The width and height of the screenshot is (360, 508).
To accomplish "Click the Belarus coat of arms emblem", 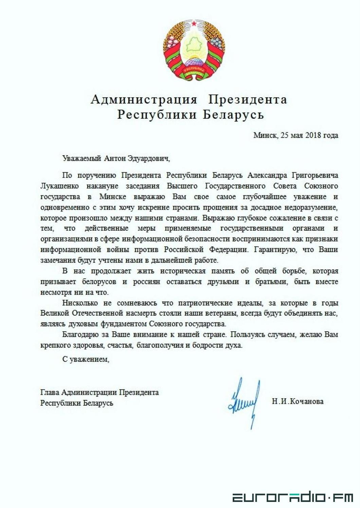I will (194, 51).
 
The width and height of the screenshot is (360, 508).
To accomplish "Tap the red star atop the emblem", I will (194, 23).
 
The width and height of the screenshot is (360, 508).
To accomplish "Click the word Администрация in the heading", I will (144, 99).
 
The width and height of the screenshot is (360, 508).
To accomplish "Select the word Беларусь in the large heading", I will (233, 115).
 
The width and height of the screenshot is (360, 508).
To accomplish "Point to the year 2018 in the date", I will (313, 135).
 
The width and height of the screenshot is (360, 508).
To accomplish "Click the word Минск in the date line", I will (265, 135).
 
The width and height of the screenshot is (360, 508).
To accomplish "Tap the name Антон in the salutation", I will (114, 158).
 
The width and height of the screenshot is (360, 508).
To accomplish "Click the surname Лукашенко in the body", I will (59, 186).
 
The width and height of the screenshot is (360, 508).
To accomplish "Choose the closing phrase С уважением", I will (86, 359).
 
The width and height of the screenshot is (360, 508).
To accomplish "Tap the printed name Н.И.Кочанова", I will (298, 401).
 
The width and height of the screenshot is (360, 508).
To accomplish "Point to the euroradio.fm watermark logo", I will (292, 498).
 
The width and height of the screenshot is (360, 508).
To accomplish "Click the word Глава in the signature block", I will (50, 392).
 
